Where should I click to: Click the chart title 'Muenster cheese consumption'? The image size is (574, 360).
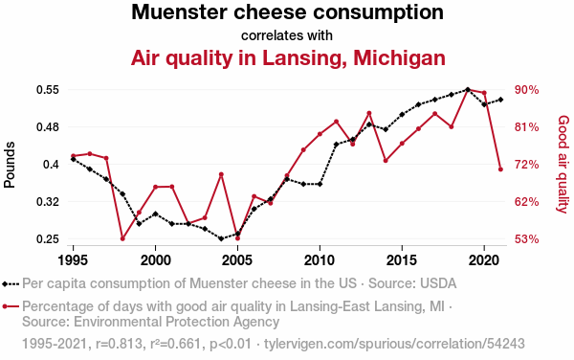[x=287, y=12]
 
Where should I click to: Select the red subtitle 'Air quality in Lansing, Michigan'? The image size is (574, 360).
[x=288, y=58]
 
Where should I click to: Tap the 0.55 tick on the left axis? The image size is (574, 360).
[x=48, y=90]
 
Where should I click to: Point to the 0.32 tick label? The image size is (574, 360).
[x=48, y=202]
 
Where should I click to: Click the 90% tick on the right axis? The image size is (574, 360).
[x=526, y=90]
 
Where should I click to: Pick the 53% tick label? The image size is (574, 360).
[x=526, y=239]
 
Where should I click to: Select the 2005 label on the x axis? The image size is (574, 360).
[x=237, y=260]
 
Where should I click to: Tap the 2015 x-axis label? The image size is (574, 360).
[x=402, y=260]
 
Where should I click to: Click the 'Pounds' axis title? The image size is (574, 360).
[x=10, y=165]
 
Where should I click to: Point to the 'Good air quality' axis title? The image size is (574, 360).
[x=563, y=164]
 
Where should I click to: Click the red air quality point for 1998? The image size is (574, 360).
[x=122, y=238]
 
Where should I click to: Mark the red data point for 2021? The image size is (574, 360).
[x=500, y=169]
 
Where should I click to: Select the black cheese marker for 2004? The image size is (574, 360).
[x=221, y=238]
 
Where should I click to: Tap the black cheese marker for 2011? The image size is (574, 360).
[x=336, y=145]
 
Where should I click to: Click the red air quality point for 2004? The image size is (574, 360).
[x=221, y=174]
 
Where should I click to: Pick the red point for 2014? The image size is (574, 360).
[x=386, y=161]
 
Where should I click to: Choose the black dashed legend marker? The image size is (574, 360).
[x=11, y=283]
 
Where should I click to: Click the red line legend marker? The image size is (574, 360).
[x=11, y=306]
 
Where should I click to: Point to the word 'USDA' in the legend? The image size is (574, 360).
[x=438, y=283]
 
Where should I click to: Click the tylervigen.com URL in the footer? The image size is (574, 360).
[x=394, y=344]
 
